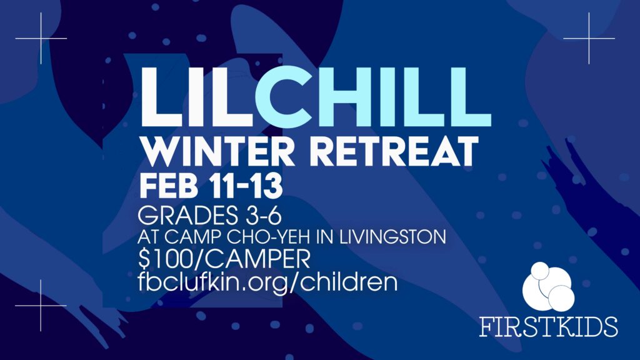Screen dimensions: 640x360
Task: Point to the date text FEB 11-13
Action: (211, 186)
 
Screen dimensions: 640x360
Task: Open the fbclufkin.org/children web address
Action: (267, 282)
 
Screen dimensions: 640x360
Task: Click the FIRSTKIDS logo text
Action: (548, 326)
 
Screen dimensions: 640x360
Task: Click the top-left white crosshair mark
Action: (41, 38)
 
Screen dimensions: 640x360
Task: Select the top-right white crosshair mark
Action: (589, 38)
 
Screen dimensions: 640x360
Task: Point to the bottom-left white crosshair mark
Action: (41, 305)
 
